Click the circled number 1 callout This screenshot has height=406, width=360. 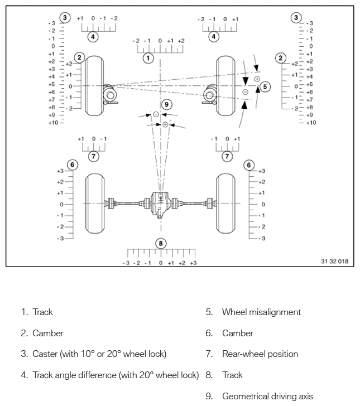(148, 58)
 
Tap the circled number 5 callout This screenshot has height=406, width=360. (265, 86)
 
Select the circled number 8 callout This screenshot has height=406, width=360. (161, 243)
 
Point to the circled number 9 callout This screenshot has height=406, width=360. (165, 104)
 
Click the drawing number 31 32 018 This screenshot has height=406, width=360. (337, 261)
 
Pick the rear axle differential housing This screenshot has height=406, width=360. (161, 204)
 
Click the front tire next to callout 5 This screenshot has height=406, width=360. (228, 85)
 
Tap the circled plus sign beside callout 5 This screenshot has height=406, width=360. (257, 79)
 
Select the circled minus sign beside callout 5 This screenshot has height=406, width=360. (246, 92)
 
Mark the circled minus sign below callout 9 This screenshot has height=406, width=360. (156, 114)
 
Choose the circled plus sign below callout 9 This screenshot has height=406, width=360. (165, 124)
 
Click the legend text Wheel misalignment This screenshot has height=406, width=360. (261, 312)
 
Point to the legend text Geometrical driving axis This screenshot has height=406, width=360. (268, 397)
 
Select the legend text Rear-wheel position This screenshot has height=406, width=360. (260, 354)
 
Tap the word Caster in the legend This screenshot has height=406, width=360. (45, 354)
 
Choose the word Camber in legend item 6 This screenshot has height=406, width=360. (238, 333)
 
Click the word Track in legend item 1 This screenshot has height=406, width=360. (43, 312)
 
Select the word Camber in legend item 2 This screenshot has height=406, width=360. (48, 333)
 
